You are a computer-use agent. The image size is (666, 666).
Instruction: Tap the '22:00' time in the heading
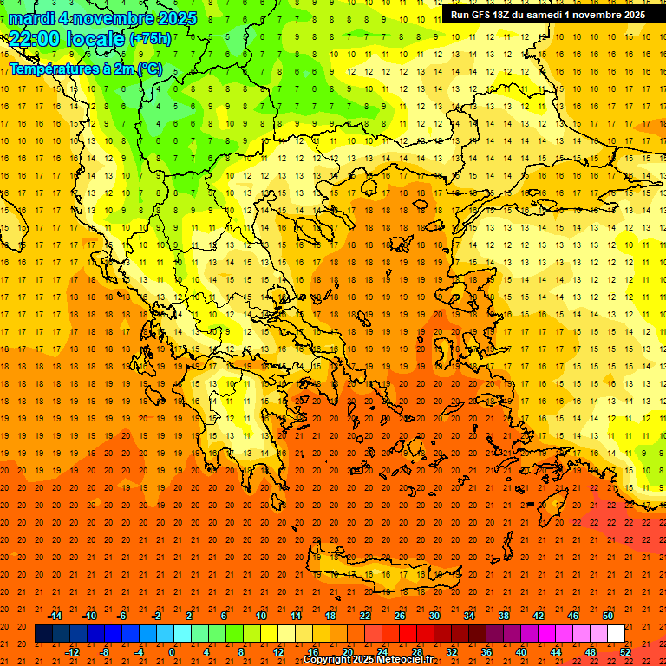pyautogui.click(x=32, y=38)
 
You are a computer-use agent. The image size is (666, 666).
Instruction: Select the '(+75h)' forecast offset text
pyautogui.click(x=150, y=39)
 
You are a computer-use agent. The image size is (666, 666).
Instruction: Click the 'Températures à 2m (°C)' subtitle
pyautogui.click(x=85, y=69)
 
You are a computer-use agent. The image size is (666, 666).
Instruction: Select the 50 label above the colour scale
pyautogui.click(x=608, y=615)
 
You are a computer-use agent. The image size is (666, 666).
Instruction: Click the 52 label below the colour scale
pyautogui.click(x=625, y=652)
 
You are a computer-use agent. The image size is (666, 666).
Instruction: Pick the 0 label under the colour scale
pyautogui.click(x=172, y=652)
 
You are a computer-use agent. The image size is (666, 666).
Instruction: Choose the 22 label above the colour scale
pyautogui.click(x=365, y=615)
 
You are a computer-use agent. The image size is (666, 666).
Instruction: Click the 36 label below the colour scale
pyautogui.click(x=486, y=652)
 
